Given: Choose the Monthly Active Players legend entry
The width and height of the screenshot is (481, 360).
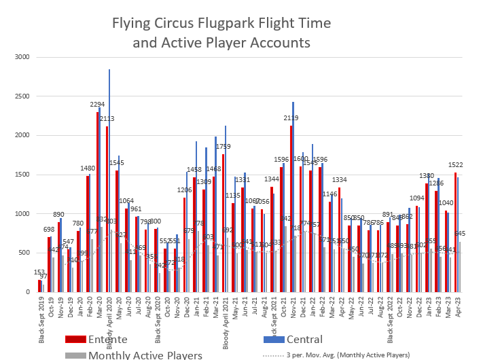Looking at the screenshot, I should (x=144, y=355).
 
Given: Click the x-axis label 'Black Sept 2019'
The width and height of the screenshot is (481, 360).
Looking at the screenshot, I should (x=41, y=317).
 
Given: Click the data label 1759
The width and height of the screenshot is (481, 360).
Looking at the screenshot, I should (x=223, y=146).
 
